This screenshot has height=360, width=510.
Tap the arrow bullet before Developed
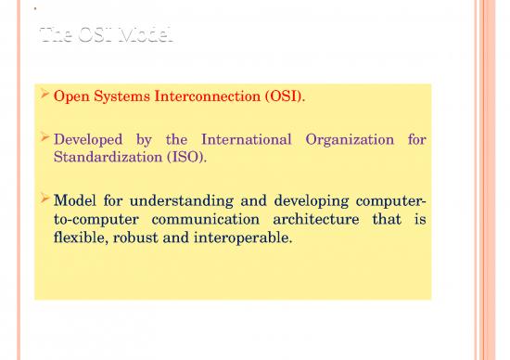pos(45,139)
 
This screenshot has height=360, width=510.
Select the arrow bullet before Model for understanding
pos(45,200)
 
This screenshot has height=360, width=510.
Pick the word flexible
pos(82,238)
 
